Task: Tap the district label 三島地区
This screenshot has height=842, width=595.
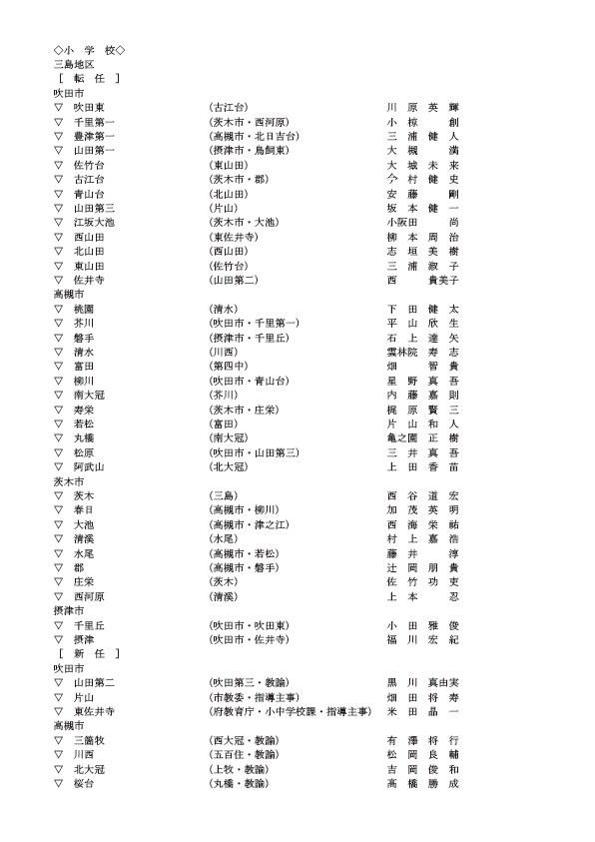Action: [74, 64]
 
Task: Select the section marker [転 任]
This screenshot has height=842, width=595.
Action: [89, 78]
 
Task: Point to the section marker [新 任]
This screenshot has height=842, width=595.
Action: [89, 653]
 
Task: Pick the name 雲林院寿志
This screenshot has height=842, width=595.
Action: [422, 352]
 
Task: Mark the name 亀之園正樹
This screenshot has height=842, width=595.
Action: [422, 437]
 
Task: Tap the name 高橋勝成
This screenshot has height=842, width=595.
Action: [422, 783]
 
